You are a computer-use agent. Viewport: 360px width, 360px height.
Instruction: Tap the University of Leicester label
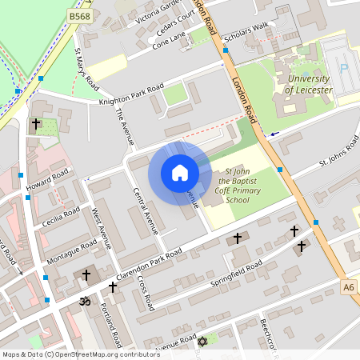[306, 83]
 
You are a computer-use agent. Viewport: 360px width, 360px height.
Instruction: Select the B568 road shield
[79, 15]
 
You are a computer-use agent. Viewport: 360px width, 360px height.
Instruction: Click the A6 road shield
[348, 286]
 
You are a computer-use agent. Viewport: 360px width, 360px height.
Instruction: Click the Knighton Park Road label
[131, 94]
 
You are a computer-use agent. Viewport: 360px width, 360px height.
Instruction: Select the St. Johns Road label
[338, 151]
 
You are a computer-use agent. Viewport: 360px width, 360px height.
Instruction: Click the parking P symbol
[344, 69]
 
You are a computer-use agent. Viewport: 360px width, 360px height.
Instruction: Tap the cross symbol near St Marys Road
[35, 124]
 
